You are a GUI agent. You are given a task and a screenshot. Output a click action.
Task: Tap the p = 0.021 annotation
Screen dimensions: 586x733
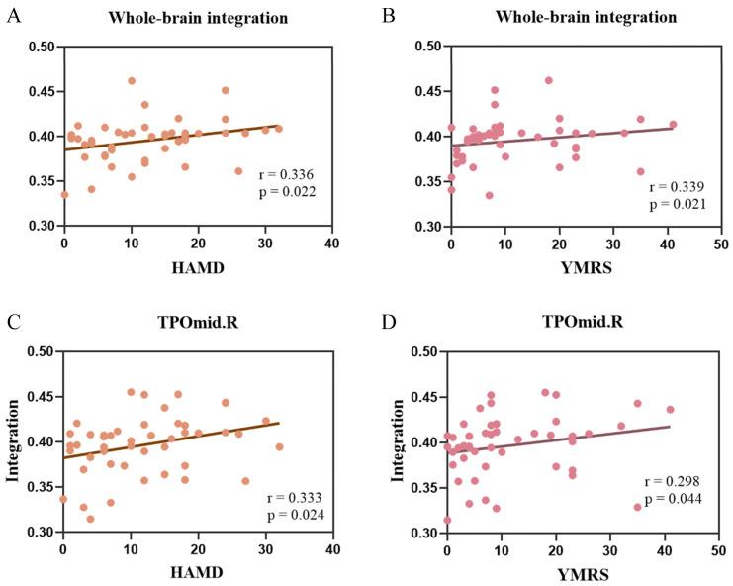(679, 205)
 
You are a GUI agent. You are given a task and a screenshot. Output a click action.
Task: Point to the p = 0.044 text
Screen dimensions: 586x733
(674, 498)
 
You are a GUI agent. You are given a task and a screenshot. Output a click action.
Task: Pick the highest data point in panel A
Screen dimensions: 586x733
(131, 81)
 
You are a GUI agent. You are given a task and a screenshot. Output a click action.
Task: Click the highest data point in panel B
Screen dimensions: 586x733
(548, 81)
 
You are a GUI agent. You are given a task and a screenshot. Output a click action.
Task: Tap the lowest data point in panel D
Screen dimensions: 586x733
(447, 520)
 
